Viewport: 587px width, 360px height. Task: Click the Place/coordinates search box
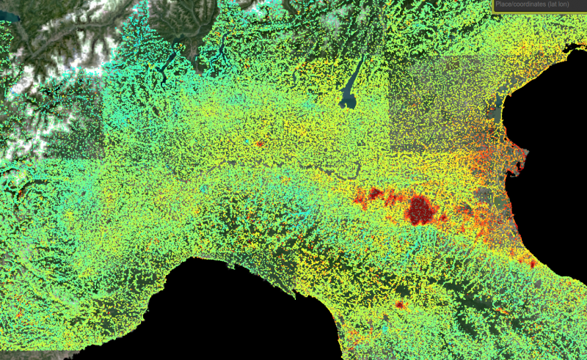[x=539, y=5]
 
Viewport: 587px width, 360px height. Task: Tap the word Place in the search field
[x=504, y=5]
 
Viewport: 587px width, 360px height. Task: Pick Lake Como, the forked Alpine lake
[x=221, y=51]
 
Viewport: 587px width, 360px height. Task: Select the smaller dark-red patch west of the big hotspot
[x=375, y=194]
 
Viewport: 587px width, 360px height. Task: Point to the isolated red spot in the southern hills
[x=400, y=304]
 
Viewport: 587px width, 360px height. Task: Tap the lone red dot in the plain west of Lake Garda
[x=258, y=144]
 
